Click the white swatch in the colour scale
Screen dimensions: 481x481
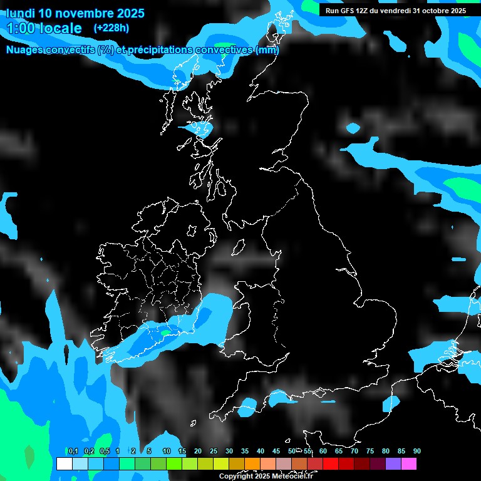(64, 463)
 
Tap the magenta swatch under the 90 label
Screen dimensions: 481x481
(409, 463)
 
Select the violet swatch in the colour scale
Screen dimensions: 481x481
(393, 463)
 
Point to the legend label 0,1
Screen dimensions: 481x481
(73, 451)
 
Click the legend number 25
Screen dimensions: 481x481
(214, 451)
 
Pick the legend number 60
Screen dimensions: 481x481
(323, 451)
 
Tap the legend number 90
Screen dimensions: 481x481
(417, 451)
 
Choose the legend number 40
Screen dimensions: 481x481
(261, 451)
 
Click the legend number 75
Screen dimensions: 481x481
(370, 451)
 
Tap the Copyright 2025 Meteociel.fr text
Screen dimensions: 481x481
(266, 476)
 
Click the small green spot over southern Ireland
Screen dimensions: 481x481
(165, 334)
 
